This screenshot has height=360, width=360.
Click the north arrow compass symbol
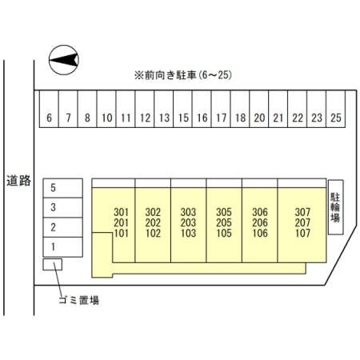(64, 60)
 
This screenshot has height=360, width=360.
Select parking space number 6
(49, 109)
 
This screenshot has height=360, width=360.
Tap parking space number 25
(336, 109)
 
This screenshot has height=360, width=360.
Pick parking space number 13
(164, 109)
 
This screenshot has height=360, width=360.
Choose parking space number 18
(240, 109)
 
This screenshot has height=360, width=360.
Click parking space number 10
(106, 109)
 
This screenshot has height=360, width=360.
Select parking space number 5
(63, 188)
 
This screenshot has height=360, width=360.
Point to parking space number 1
(63, 247)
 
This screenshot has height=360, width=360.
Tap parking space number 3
(63, 208)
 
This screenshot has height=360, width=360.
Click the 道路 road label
(18, 181)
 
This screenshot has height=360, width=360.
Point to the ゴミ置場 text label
(79, 300)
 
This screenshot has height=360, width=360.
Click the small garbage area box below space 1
(53, 265)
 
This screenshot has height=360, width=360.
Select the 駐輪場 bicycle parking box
(335, 207)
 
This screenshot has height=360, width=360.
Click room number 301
(121, 212)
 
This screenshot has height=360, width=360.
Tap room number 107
(302, 233)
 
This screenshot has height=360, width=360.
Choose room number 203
(188, 222)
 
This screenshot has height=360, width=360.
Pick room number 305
(224, 212)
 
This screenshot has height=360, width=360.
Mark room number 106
(260, 233)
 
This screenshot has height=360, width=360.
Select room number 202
(153, 222)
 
